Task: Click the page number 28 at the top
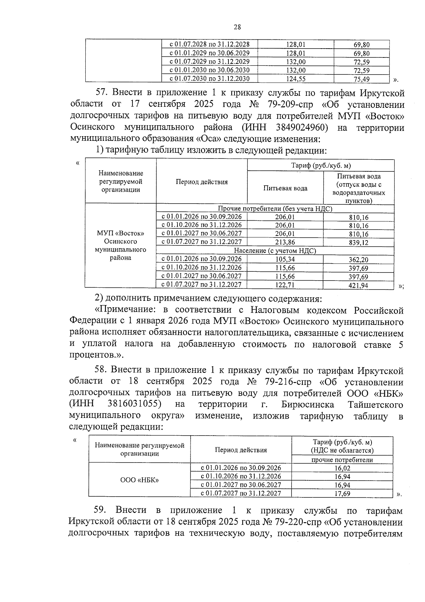237,27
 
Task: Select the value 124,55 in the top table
295,79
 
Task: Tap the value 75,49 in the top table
361,79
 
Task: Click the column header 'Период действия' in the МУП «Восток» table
202,182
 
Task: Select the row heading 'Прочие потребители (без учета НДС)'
275,209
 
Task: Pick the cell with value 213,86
285,242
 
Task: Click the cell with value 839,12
358,242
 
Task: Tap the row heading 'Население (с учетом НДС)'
275,251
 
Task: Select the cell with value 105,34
285,259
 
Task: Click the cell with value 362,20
358,259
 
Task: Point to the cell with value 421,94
358,285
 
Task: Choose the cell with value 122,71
285,285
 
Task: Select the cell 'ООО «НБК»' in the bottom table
140,480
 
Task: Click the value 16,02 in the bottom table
342,468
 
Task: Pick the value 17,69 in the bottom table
342,493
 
